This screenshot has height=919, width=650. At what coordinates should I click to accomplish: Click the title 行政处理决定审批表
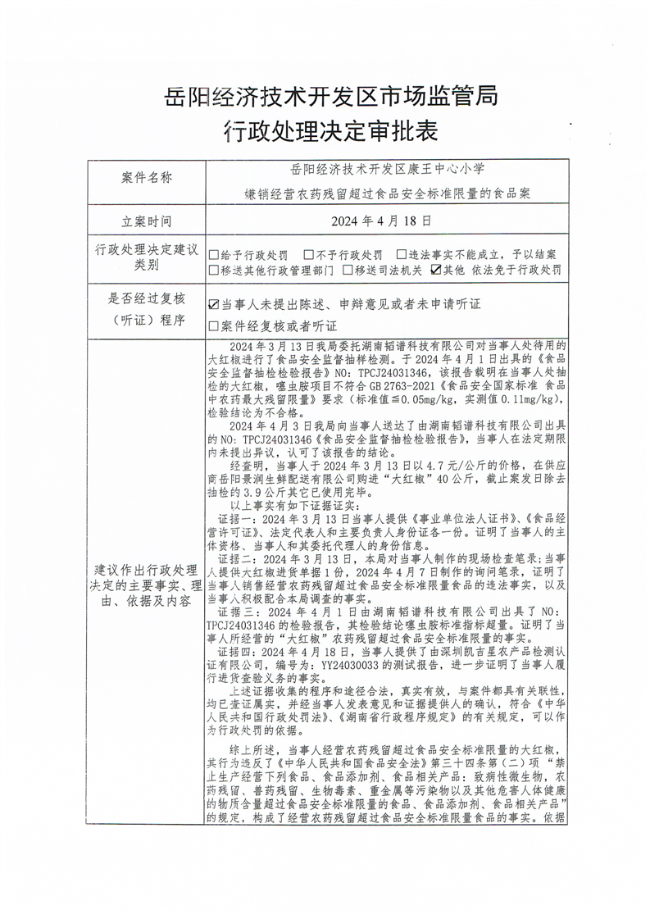pyautogui.click(x=325, y=130)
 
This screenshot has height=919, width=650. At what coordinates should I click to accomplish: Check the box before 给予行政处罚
pyautogui.click(x=214, y=255)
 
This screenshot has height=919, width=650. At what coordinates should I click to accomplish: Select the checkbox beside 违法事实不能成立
pyautogui.click(x=402, y=255)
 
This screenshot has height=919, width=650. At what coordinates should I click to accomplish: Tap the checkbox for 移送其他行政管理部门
pyautogui.click(x=214, y=269)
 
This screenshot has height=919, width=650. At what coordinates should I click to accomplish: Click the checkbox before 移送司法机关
pyautogui.click(x=348, y=269)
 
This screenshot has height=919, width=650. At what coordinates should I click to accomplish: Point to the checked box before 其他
pyautogui.click(x=436, y=269)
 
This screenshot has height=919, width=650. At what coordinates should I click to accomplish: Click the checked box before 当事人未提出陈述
pyautogui.click(x=214, y=304)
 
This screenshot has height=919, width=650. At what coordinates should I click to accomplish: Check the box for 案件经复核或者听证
pyautogui.click(x=214, y=325)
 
